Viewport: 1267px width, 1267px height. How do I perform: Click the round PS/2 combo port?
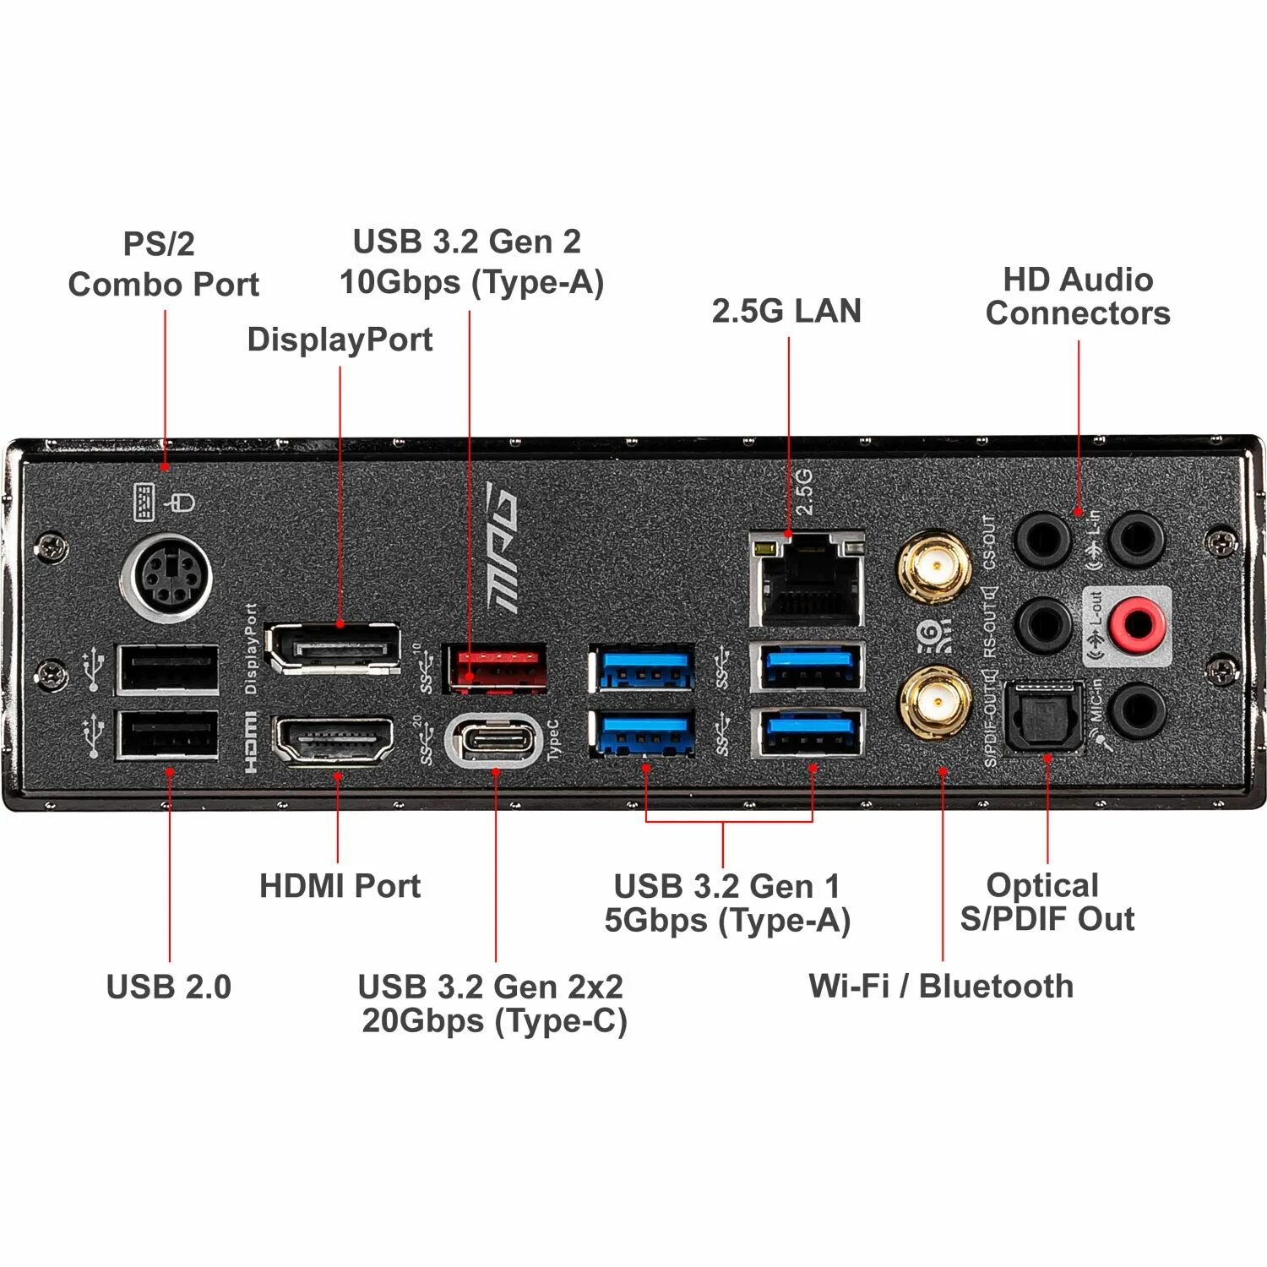[166, 578]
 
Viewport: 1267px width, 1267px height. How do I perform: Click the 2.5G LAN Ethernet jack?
[808, 579]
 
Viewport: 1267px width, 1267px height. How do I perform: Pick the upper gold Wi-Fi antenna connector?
[934, 567]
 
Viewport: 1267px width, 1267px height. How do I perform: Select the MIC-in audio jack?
[1138, 710]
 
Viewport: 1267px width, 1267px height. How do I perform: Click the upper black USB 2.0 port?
[168, 669]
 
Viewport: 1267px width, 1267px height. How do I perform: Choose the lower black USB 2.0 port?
[168, 736]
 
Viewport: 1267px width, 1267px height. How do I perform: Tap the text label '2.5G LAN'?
[786, 311]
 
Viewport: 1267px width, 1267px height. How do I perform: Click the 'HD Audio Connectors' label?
[1078, 296]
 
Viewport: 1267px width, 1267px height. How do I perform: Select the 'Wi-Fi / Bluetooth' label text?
[941, 986]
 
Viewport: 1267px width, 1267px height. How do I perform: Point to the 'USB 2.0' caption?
[169, 987]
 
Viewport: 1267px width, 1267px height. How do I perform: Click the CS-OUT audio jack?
[1042, 540]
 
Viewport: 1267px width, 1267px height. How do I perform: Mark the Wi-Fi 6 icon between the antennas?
[933, 635]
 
